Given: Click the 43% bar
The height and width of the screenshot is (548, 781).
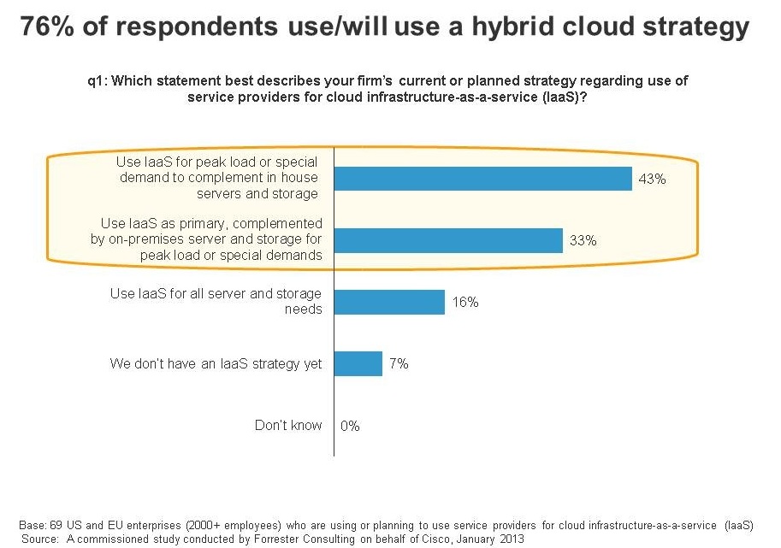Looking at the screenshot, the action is [x=483, y=179].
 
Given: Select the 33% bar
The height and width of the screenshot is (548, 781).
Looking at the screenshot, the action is [x=448, y=240].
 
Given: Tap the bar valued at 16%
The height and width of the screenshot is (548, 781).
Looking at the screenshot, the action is [x=389, y=302].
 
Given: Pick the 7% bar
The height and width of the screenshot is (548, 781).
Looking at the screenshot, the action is [x=358, y=364].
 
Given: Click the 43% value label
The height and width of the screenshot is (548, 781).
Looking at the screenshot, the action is [x=652, y=179].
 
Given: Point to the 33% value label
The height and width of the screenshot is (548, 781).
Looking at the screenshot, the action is [x=583, y=240].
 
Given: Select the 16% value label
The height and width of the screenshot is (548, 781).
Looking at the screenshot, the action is [x=465, y=302].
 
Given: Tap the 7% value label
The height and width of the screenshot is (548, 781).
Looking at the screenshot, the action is [x=399, y=364].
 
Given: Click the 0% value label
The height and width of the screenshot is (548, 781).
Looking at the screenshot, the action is [x=350, y=426].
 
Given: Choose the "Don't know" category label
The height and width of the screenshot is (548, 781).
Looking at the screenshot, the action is [x=288, y=425].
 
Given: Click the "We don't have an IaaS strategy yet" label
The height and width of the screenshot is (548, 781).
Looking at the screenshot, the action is [x=216, y=364].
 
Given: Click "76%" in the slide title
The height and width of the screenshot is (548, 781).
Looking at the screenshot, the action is [x=47, y=27].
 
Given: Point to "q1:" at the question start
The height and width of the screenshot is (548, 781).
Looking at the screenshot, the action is [x=98, y=81].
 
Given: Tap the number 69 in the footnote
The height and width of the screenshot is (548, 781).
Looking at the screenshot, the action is [x=56, y=525].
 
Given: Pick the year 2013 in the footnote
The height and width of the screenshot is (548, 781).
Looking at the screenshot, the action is [x=512, y=539].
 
